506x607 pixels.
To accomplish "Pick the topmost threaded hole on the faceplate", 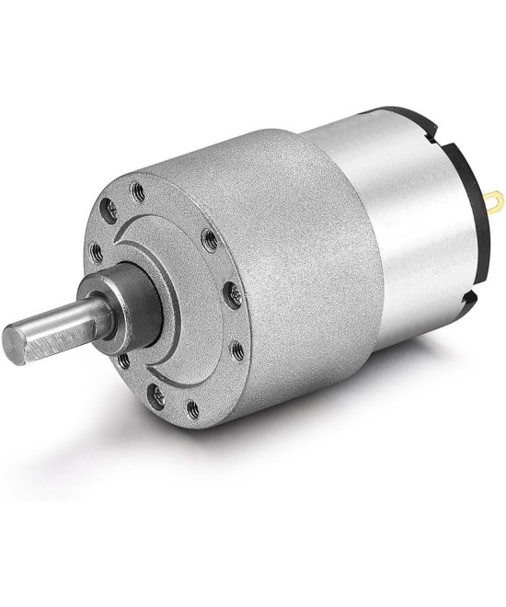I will tap(138, 192).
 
